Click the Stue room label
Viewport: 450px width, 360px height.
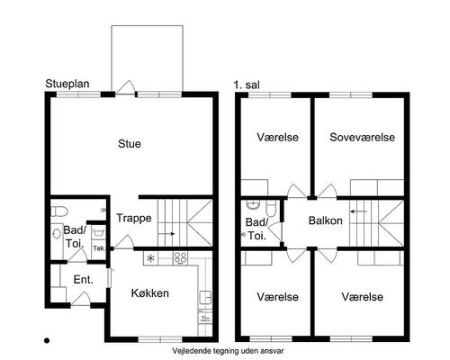pyautogui.click(x=130, y=144)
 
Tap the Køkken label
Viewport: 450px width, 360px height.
pyautogui.click(x=150, y=293)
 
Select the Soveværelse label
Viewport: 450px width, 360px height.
pyautogui.click(x=362, y=137)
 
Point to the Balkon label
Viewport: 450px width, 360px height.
pyautogui.click(x=326, y=220)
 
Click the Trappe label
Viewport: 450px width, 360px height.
pyautogui.click(x=134, y=218)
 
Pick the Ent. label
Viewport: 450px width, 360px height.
pyautogui.click(x=83, y=280)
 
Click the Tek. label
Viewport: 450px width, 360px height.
pyautogui.click(x=99, y=248)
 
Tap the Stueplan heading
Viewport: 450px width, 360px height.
pyautogui.click(x=67, y=84)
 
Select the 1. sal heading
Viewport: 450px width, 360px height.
pyautogui.click(x=247, y=85)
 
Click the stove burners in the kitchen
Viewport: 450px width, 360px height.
pyautogui.click(x=181, y=258)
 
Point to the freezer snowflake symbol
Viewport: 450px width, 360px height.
pyautogui.click(x=151, y=258)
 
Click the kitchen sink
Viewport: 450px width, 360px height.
pyautogui.click(x=205, y=298)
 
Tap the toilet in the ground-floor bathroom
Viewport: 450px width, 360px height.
pyautogui.click(x=59, y=211)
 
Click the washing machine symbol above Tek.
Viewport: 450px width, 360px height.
pyautogui.click(x=98, y=232)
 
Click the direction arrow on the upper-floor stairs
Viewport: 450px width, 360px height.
pyautogui.click(x=359, y=211)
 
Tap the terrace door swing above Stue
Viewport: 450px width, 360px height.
pyautogui.click(x=125, y=87)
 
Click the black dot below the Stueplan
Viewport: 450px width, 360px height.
pyautogui.click(x=47, y=340)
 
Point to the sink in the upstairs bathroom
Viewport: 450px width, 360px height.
pyautogui.click(x=254, y=204)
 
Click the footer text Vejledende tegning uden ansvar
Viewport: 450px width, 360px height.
pyautogui.click(x=228, y=350)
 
